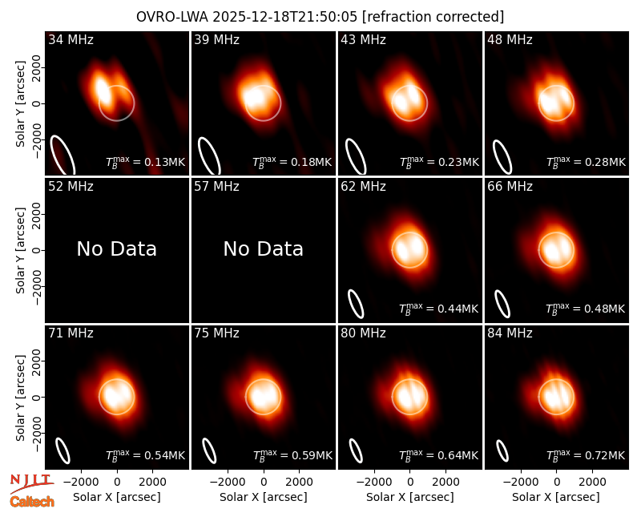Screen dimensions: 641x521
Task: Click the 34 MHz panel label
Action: (71, 39)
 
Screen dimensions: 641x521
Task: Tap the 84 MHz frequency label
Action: (510, 333)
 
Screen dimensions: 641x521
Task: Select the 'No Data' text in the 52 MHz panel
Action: (116, 248)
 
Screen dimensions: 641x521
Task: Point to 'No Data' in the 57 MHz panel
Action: (264, 248)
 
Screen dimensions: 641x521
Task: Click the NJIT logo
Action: (31, 483)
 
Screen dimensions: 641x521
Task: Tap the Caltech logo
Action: (32, 502)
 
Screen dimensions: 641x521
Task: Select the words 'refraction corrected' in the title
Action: (433, 17)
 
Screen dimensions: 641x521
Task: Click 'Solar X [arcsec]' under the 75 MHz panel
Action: (264, 497)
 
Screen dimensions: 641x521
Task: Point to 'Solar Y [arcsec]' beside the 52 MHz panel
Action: (21, 250)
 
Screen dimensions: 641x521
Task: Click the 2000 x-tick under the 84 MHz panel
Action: (592, 482)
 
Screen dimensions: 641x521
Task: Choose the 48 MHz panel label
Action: (510, 39)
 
